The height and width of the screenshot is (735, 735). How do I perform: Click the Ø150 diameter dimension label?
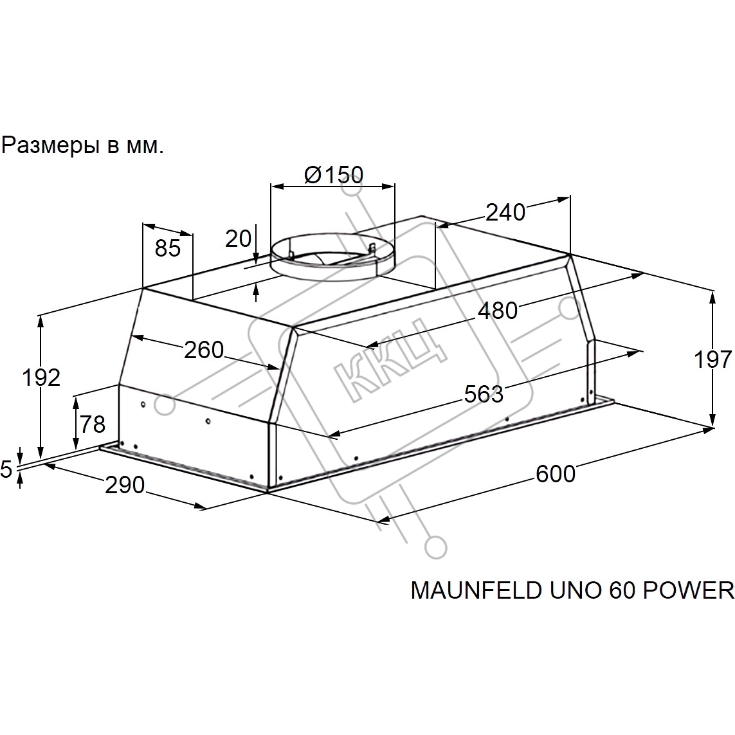coord(333,175)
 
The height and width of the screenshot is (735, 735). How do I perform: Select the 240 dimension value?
coord(505,212)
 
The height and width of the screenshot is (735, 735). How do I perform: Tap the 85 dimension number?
coord(168,248)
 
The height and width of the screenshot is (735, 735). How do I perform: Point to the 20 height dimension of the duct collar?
coord(239,239)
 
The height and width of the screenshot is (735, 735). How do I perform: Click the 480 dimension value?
coord(498,311)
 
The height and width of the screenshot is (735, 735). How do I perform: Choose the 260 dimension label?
coord(204,350)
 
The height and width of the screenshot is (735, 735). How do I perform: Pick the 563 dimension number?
coord(484,394)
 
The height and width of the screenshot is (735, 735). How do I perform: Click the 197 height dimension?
coord(713,359)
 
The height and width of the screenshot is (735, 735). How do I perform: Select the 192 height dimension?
coord(42,378)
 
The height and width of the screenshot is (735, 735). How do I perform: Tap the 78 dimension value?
coord(93,424)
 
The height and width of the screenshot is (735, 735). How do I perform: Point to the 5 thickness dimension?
coord(6,469)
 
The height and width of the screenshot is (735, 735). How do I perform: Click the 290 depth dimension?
coord(125,485)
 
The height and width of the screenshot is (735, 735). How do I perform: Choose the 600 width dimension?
coord(556,474)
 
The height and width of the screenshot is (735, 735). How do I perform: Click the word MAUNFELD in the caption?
coord(476,590)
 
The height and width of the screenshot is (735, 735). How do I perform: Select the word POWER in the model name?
coord(687,590)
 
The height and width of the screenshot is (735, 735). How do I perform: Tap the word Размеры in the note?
coord(50,146)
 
